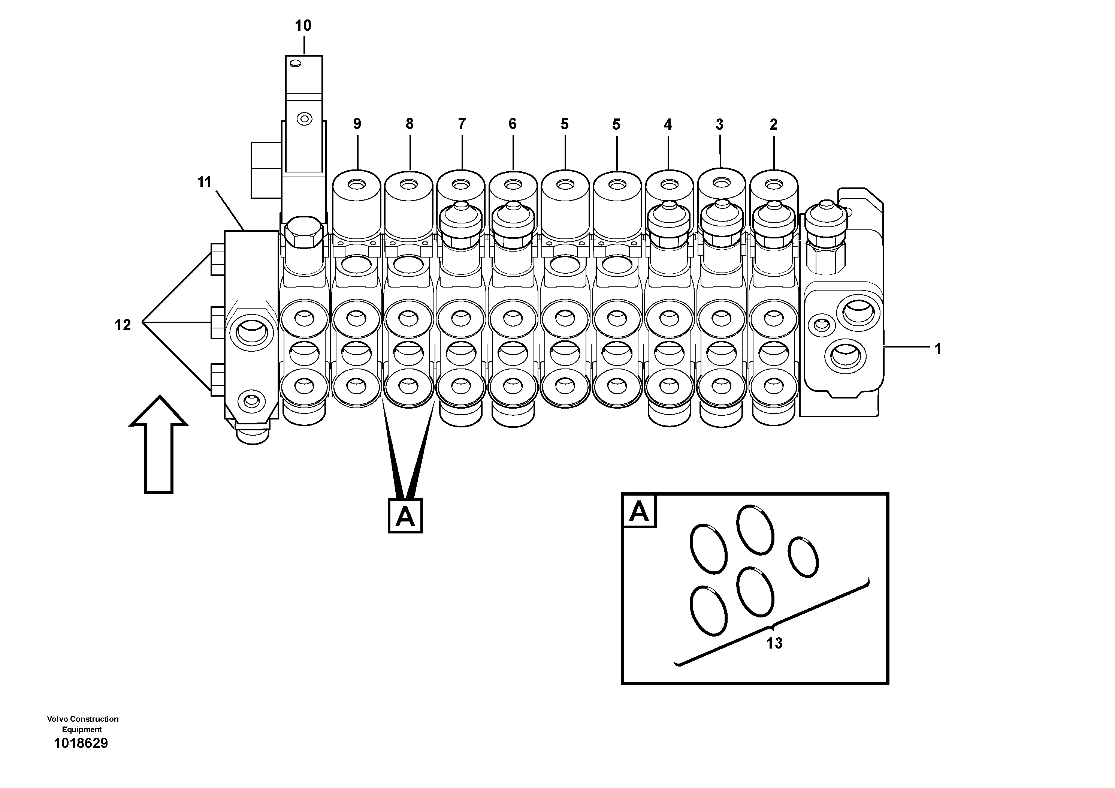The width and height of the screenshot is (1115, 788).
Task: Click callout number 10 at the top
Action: tap(303, 26)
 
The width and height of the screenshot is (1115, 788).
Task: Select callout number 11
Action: tap(205, 182)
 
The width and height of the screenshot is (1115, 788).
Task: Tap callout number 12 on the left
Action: tap(123, 325)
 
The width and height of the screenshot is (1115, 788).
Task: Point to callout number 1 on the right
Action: tap(938, 349)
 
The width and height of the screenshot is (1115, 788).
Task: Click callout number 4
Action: tap(668, 125)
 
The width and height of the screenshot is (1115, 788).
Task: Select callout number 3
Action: tap(720, 125)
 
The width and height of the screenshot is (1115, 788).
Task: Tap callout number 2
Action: tap(774, 125)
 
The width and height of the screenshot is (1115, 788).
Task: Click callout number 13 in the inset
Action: tap(774, 643)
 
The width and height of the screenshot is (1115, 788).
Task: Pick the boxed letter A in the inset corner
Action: tap(639, 511)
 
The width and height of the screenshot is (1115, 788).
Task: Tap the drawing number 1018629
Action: tap(81, 743)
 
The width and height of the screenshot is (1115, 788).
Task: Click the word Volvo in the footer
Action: tap(57, 719)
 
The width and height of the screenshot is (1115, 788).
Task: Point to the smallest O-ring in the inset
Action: tap(803, 557)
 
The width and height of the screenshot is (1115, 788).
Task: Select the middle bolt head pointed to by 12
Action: tap(217, 322)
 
